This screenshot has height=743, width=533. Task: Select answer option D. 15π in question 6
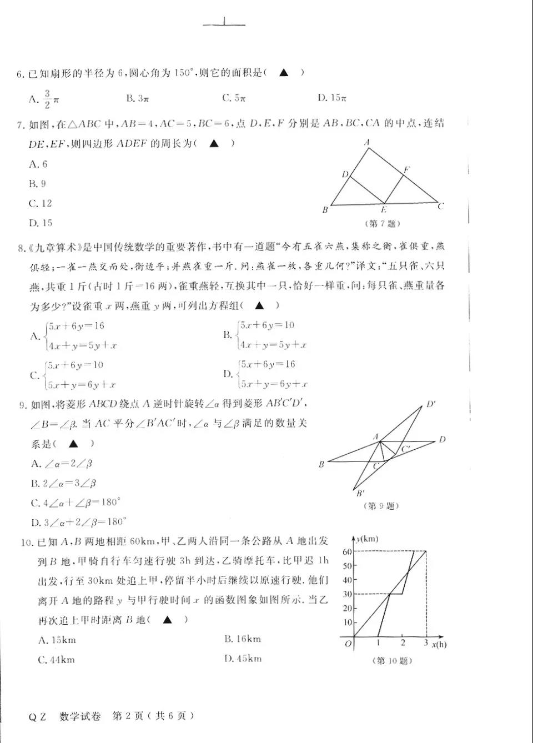pos(332,98)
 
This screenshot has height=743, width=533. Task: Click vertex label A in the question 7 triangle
pos(367,143)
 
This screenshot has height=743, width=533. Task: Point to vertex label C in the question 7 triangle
pos(441,206)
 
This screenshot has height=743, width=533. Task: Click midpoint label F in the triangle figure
pos(406,170)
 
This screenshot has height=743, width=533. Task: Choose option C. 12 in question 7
pos(40,203)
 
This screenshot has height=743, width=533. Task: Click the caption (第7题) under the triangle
pos(382,223)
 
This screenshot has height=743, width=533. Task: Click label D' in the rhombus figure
pos(431,404)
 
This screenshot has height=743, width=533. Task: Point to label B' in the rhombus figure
pos(360,493)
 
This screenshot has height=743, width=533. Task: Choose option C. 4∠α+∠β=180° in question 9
pos(76,503)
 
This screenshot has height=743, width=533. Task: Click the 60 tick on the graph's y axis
pos(347,551)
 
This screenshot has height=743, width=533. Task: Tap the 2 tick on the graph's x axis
pos(403,642)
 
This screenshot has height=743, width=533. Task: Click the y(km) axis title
pos(367,539)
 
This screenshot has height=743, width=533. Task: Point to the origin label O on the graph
pos(348,644)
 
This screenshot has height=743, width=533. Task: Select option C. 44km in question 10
pos(56,660)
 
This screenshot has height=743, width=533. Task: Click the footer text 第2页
pos(127,716)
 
